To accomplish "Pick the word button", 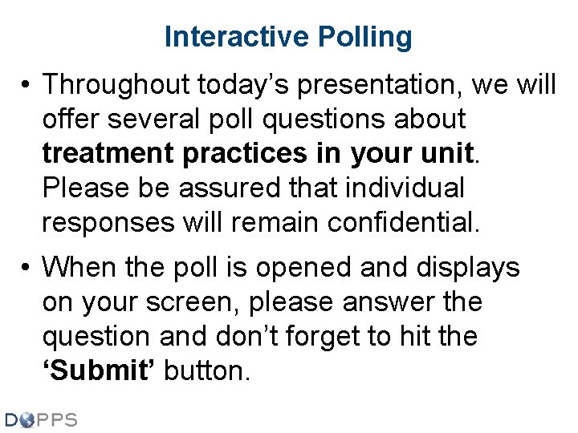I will [x=207, y=371].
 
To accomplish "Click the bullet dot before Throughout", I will [x=26, y=84].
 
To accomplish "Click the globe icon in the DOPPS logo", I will [x=27, y=419].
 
